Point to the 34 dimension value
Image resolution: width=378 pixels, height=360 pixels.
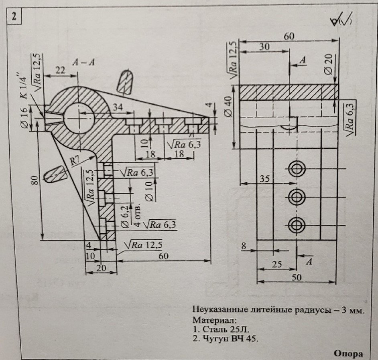coord(119,107)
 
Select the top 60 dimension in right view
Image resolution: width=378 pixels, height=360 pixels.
coord(289,36)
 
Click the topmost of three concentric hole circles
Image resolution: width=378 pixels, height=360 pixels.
coord(297,169)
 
